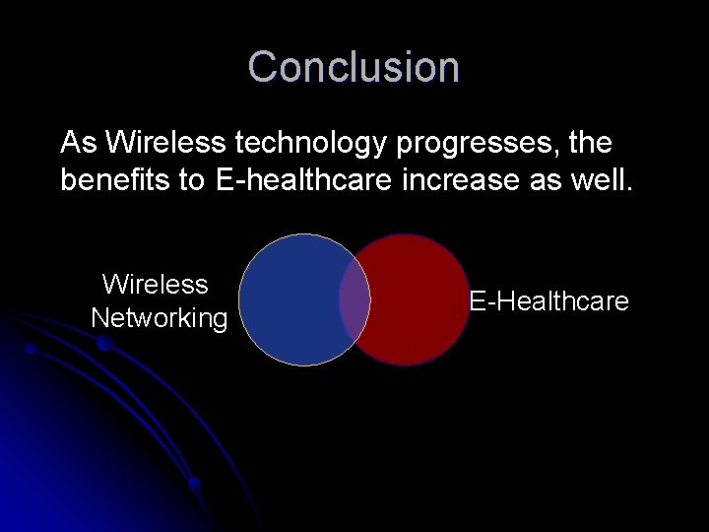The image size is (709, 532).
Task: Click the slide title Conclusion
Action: tap(354, 67)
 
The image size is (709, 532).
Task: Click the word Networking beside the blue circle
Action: tap(159, 318)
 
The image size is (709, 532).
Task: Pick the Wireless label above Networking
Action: tap(156, 285)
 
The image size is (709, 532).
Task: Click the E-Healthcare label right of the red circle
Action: tap(548, 301)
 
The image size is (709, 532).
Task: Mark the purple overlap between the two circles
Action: tap(354, 299)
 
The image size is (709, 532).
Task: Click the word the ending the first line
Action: tap(591, 144)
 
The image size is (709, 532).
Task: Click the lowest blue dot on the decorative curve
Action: tap(195, 483)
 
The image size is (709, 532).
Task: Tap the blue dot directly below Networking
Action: tap(102, 343)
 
